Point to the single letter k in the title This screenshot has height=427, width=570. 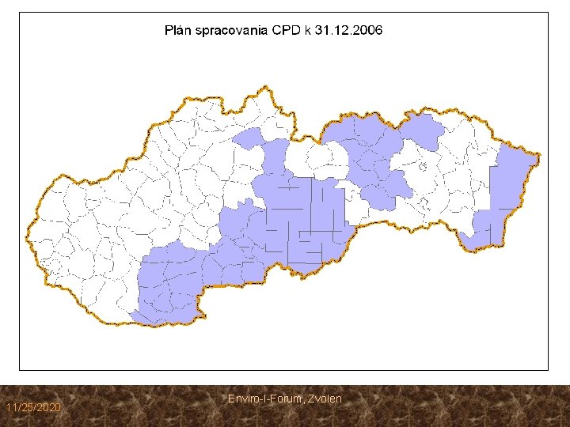pos(308,31)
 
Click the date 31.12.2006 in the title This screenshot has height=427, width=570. pos(349,31)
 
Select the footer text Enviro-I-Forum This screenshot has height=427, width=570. pos(262,399)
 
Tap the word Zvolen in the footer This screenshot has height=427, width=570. pos(325,399)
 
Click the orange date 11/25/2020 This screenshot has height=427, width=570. pos(32,407)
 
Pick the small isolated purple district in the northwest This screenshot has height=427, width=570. pos(249,138)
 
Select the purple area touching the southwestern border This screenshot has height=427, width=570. pos(170,285)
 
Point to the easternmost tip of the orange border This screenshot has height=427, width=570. pos(540,154)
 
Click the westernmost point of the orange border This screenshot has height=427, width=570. pos(27,229)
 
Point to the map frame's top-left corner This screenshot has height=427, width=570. pos(20,12)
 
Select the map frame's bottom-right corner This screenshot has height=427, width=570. pos(548,369)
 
